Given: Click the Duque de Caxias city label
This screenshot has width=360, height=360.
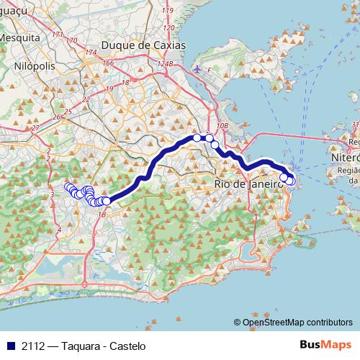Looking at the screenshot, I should click(144, 45).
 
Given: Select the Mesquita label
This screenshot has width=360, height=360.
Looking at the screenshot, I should click(19, 36).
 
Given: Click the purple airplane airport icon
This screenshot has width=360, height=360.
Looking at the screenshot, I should click(198, 69).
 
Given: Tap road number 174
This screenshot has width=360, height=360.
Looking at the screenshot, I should click(91, 53).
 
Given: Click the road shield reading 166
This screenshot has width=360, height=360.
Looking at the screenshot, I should click(108, 63).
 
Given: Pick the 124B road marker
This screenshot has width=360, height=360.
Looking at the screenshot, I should click(166, 64).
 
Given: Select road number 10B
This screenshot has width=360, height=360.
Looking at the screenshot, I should click(222, 126).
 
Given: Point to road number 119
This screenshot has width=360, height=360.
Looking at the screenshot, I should click(168, 12).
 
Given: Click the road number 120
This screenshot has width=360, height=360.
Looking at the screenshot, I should click(169, 28).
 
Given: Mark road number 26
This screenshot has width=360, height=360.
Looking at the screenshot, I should click(56, 117).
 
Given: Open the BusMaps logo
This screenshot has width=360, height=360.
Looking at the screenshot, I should click(325, 345).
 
